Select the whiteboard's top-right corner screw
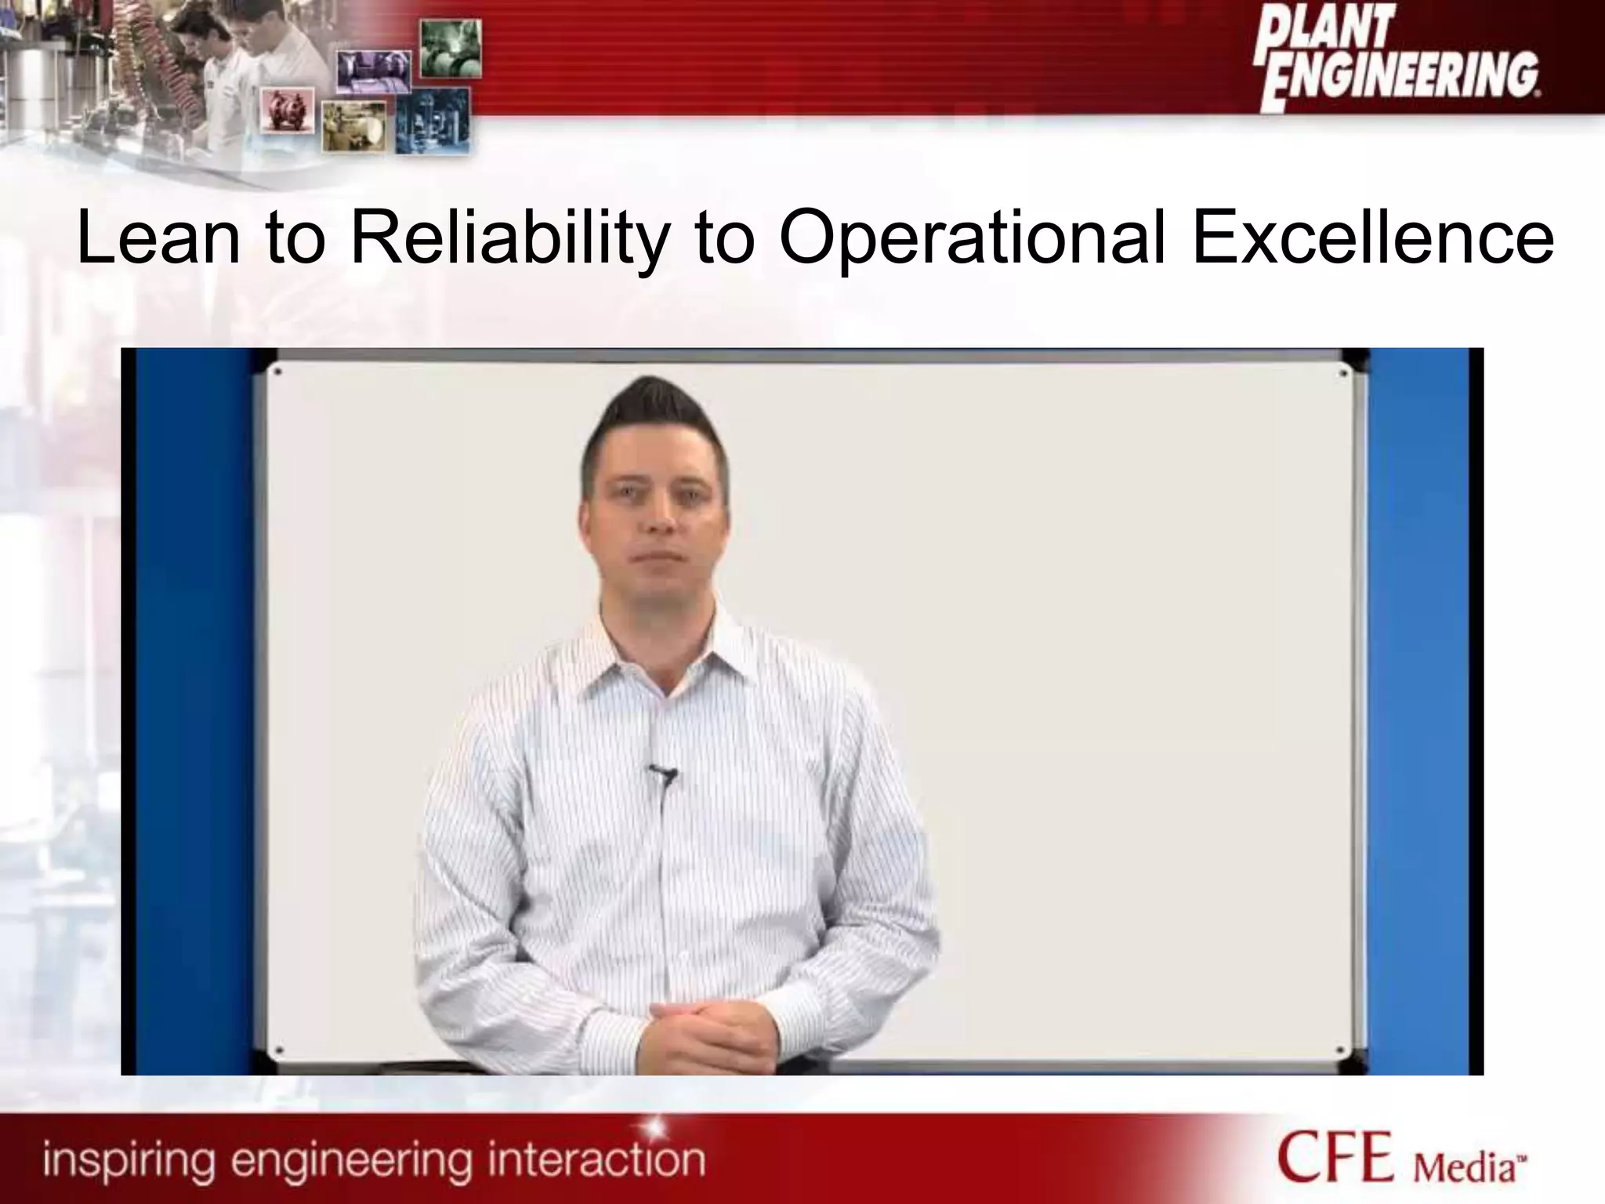pyautogui.click(x=1343, y=374)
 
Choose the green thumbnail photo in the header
pyautogui.click(x=451, y=49)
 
